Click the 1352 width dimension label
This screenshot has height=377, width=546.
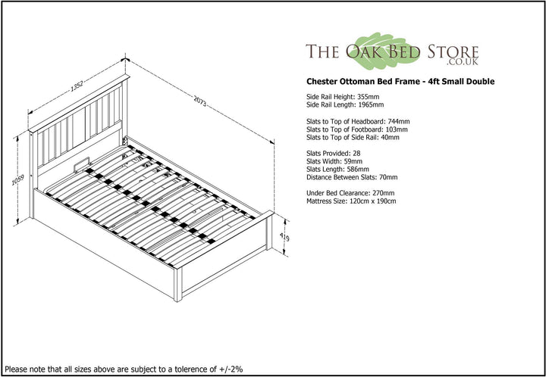click(77, 86)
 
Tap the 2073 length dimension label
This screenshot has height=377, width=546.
click(200, 101)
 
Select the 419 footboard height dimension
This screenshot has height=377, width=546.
click(285, 238)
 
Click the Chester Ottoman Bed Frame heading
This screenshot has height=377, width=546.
click(400, 82)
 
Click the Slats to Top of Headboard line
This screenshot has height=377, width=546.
click(358, 122)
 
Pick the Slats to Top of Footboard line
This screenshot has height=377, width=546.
click(357, 129)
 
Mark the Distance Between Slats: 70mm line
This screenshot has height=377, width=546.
click(352, 177)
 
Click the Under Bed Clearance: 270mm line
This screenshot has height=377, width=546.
click(350, 193)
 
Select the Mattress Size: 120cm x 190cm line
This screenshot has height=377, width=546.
click(351, 201)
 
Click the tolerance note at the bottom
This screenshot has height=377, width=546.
click(124, 369)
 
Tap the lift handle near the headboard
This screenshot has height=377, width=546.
click(83, 164)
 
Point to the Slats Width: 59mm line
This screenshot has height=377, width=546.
click(334, 161)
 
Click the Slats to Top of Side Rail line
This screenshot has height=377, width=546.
click(353, 138)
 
